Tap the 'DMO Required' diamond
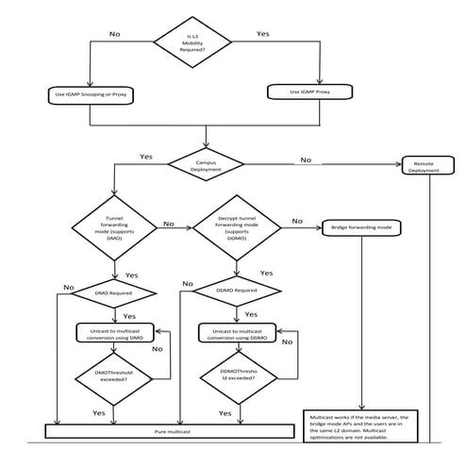click(x=113, y=293)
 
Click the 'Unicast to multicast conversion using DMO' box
click(x=113, y=334)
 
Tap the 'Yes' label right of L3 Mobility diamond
click(x=264, y=33)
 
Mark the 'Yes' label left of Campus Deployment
click(x=146, y=157)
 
